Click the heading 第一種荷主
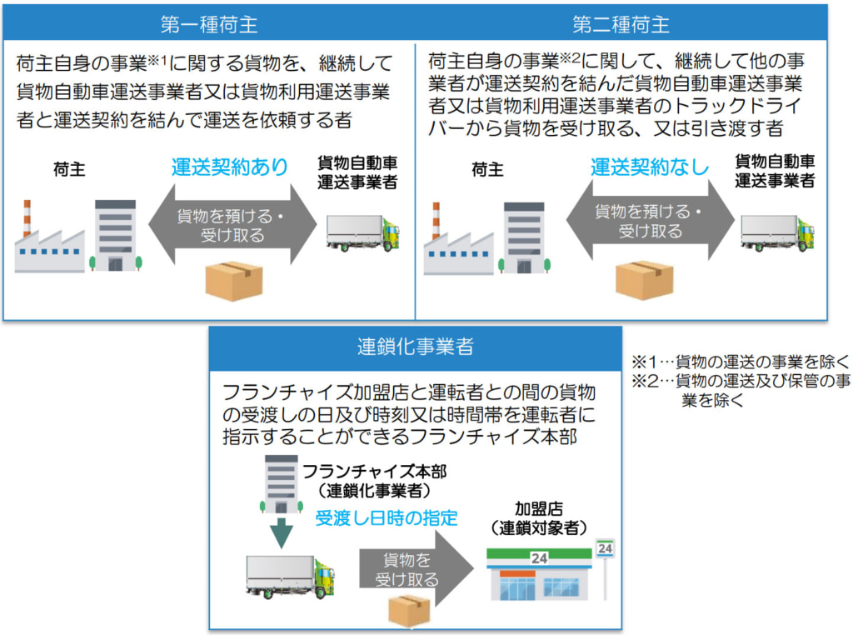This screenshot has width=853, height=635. [209, 24]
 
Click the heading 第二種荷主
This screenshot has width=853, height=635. [621, 24]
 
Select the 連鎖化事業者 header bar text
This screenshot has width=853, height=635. [414, 346]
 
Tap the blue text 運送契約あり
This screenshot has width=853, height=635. [231, 167]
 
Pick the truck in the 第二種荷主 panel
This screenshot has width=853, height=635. [776, 232]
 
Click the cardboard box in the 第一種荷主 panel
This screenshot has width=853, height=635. [234, 280]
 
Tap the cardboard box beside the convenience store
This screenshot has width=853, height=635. [408, 609]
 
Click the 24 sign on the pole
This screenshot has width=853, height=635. [605, 548]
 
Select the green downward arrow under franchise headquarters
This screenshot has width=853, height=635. [281, 532]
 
